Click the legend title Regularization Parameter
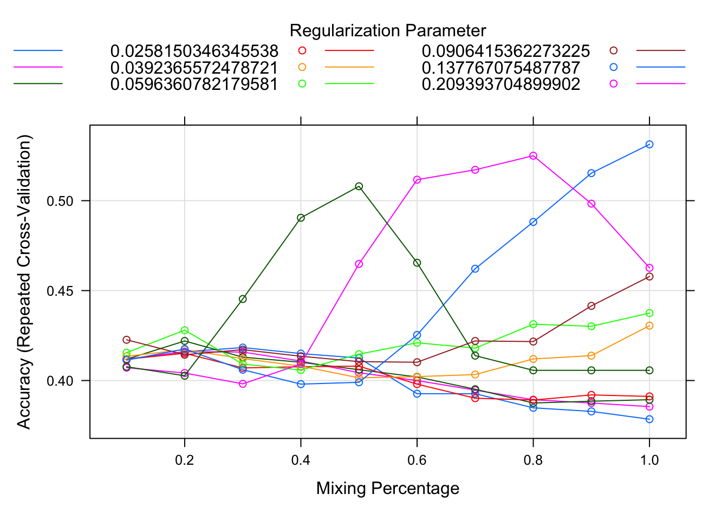(388, 31)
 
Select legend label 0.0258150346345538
(194, 51)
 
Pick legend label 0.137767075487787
(500, 68)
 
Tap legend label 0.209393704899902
(500, 84)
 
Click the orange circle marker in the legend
(302, 67)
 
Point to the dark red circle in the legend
(613, 50)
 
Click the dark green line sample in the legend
(38, 83)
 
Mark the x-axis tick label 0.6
(417, 460)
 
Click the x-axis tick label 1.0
(649, 460)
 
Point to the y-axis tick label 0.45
(60, 291)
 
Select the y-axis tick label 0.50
(60, 201)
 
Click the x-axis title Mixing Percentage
(388, 489)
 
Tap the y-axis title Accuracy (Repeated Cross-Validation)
(24, 282)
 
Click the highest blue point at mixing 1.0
(649, 144)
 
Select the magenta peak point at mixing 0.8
(533, 156)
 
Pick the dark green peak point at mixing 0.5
(359, 186)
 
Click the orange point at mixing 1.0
(649, 326)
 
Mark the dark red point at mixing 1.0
(649, 277)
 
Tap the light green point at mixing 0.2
(185, 330)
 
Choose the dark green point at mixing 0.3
(243, 299)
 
